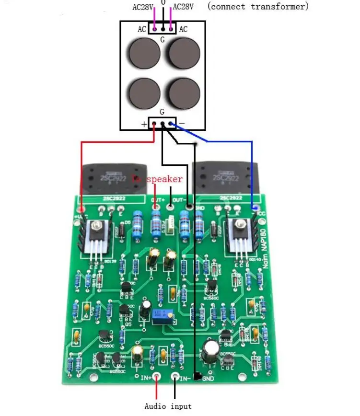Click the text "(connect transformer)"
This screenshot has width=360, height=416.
pyautogui.click(x=258, y=6)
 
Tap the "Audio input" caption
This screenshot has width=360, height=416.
pyautogui.click(x=168, y=406)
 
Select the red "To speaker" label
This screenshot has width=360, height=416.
pyautogui.click(x=157, y=179)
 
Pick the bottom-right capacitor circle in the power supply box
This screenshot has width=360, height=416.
pyautogui.click(x=185, y=92)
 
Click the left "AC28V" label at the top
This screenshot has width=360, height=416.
pyautogui.click(x=143, y=7)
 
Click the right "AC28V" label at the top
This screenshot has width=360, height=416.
pyautogui.click(x=184, y=7)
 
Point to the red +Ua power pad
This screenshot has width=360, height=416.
pyautogui.click(x=81, y=209)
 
